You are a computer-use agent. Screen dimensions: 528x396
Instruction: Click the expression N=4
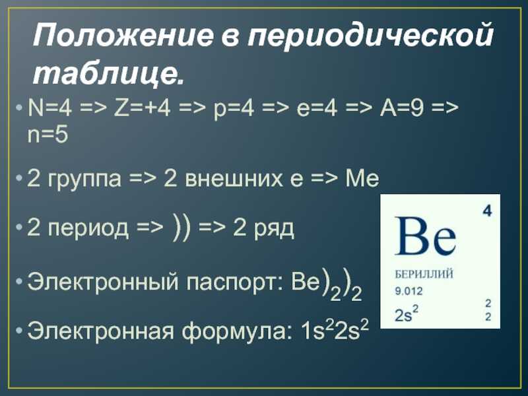(x=49, y=108)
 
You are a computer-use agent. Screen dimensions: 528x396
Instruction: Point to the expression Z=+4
(x=143, y=108)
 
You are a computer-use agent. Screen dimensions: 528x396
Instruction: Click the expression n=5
(x=48, y=135)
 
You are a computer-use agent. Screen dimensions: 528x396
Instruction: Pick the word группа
(x=84, y=180)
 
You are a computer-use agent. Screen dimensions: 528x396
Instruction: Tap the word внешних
(x=234, y=178)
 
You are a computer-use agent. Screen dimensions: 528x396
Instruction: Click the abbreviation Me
(x=362, y=178)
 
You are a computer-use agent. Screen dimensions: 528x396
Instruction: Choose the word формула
(x=237, y=332)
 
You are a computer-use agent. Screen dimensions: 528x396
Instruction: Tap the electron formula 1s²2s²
(x=335, y=329)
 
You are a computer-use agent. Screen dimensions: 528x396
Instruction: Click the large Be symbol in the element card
(x=425, y=236)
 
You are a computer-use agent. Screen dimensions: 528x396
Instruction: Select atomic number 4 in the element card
(x=487, y=211)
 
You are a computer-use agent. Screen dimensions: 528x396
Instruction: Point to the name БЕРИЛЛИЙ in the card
(x=424, y=275)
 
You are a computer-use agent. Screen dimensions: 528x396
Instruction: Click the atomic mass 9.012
(x=409, y=291)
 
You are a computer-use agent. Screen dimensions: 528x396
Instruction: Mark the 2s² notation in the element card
(x=407, y=313)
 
